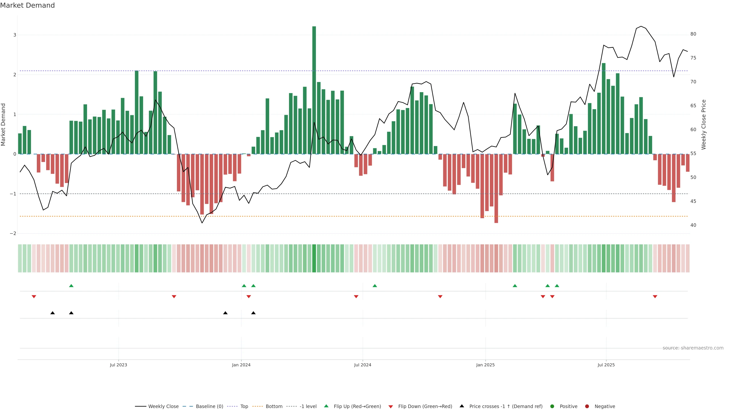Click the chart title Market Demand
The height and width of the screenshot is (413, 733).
pos(27,5)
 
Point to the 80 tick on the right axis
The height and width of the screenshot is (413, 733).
pos(693,34)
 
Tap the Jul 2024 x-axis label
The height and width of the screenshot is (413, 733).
pos(362,365)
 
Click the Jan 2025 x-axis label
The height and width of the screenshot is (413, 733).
pos(485,365)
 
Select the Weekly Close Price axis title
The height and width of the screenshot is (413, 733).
pos(704,124)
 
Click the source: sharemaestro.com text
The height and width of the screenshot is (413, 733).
pos(693,348)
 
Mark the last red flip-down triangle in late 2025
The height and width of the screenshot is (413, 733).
pos(655,297)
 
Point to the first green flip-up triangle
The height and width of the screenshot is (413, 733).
pos(71,286)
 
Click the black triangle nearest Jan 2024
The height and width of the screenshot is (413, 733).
pos(253,313)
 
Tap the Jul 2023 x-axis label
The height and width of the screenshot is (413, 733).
pos(118,365)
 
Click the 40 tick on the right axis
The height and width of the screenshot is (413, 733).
pos(693,225)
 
